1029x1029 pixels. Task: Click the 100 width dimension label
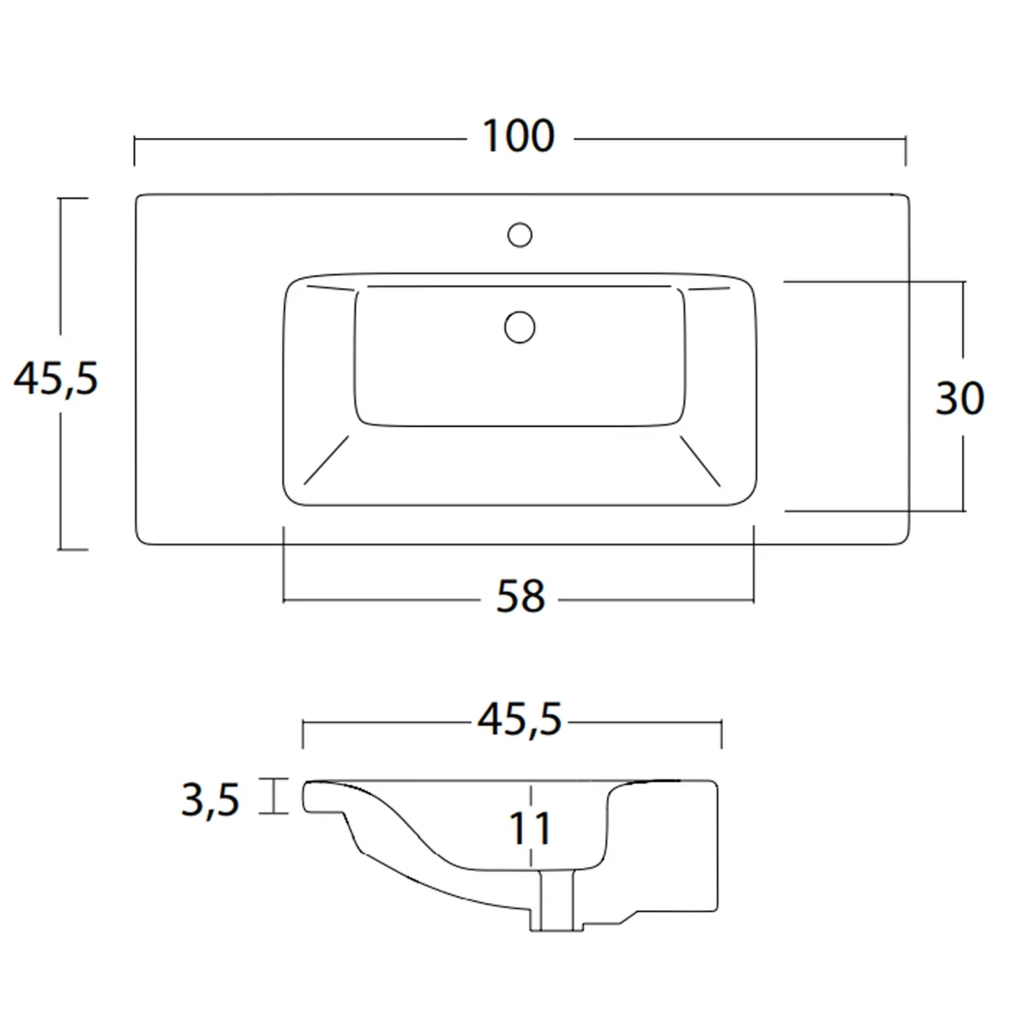pos(519,136)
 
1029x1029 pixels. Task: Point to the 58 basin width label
pos(521,596)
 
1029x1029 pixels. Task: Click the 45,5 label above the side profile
pos(520,721)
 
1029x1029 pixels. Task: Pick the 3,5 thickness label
pos(210,799)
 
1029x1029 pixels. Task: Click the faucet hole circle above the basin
pos(520,233)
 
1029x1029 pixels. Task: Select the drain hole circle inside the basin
pos(520,327)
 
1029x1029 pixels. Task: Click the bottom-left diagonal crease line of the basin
pos(327,460)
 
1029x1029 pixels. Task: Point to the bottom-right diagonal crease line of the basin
pos(701,460)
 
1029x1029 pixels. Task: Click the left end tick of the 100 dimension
pos(135,151)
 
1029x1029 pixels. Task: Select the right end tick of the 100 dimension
pos(906,151)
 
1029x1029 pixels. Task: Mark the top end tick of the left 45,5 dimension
pos(72,198)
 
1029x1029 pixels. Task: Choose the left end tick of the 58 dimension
pos(284,566)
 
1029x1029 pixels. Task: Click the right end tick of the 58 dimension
pos(754,566)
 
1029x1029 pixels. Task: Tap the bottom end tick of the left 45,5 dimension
pos(72,549)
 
